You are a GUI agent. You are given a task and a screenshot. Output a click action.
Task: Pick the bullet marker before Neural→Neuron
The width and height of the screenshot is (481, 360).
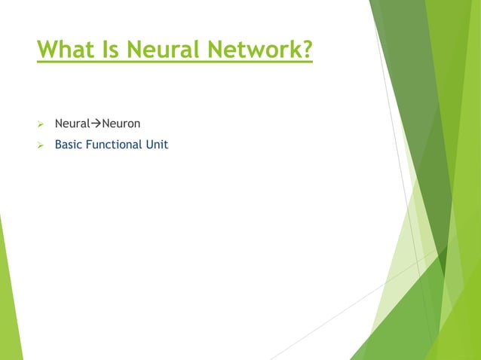point(42,123)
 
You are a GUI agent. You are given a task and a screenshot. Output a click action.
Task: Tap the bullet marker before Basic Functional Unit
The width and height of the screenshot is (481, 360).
point(42,144)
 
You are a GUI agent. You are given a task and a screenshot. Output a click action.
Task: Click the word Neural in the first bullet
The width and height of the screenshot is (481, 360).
point(72,123)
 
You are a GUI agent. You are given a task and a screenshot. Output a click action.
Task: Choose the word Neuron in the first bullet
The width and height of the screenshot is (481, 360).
point(121,123)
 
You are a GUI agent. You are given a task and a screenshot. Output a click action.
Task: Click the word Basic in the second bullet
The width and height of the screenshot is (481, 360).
point(69,144)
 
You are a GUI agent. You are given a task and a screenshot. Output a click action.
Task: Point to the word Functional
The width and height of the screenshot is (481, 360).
point(115,144)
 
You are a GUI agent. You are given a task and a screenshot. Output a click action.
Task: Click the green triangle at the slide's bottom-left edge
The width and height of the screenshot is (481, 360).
point(8,301)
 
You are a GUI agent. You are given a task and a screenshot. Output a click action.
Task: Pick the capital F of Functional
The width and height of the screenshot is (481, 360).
point(89,144)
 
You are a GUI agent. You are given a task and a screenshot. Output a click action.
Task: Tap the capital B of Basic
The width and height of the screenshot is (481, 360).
point(58,144)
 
